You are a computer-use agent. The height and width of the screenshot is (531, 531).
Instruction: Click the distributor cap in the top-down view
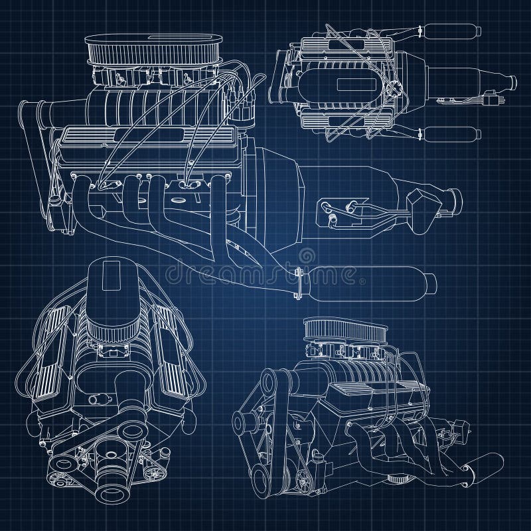392,86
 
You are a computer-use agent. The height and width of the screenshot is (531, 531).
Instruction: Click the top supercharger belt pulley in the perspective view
268,382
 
